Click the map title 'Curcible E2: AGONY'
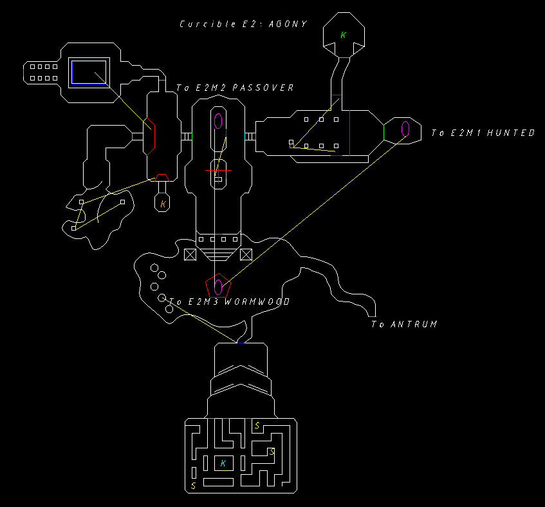tap(243, 24)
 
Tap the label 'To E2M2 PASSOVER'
tap(235, 88)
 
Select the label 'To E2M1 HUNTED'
tap(483, 133)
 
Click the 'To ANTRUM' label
tap(404, 324)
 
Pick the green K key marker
tap(343, 35)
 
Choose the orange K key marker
tap(163, 204)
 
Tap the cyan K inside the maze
tap(223, 463)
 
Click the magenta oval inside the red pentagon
tap(219, 285)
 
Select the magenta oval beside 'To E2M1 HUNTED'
tap(406, 129)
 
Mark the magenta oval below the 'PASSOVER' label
tap(219, 120)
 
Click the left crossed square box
tap(190, 254)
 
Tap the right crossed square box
tap(246, 254)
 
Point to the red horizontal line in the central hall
tap(218, 171)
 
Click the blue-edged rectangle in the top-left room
tap(89, 72)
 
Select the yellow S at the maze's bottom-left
tap(193, 486)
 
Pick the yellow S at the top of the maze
tap(257, 426)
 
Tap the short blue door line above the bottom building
tap(241, 343)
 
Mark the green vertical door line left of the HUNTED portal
tap(383, 131)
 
